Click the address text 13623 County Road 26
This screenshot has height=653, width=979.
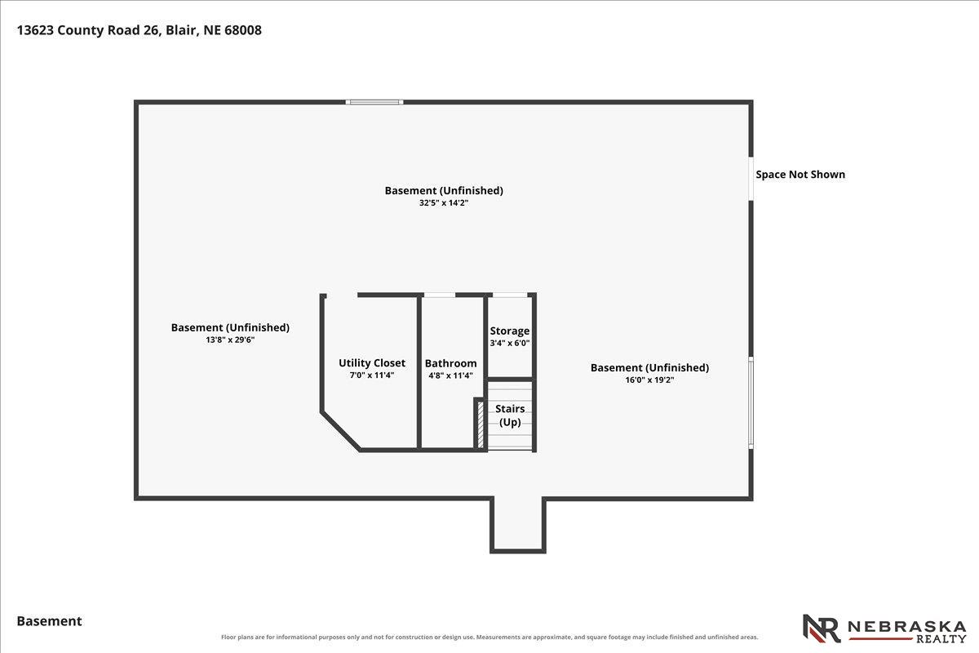pyautogui.click(x=87, y=30)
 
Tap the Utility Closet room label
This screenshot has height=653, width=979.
pyautogui.click(x=372, y=363)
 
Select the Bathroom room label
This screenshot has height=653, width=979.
pyautogui.click(x=450, y=363)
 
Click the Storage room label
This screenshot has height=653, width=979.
pyautogui.click(x=510, y=331)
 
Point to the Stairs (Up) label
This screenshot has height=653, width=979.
pyautogui.click(x=510, y=415)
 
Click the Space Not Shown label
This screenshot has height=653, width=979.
pyautogui.click(x=800, y=175)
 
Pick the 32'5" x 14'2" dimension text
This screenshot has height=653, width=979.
pyautogui.click(x=444, y=203)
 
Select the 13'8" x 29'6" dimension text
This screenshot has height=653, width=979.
pyautogui.click(x=230, y=340)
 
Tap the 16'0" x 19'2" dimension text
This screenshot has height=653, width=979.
pyautogui.click(x=649, y=380)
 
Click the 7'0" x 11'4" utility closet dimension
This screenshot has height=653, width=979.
pyautogui.click(x=372, y=375)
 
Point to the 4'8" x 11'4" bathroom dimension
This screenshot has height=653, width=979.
pyautogui.click(x=450, y=375)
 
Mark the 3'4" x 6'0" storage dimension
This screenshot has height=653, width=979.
pyautogui.click(x=510, y=344)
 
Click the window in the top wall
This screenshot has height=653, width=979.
pyautogui.click(x=374, y=102)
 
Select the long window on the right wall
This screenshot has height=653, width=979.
pyautogui.click(x=751, y=402)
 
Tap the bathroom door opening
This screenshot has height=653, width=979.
pyautogui.click(x=440, y=295)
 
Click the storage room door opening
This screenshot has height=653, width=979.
pyautogui.click(x=510, y=295)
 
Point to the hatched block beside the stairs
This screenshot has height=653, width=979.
pyautogui.click(x=481, y=424)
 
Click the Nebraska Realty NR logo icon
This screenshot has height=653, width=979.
pyautogui.click(x=822, y=629)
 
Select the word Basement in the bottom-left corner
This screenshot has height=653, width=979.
pyautogui.click(x=50, y=621)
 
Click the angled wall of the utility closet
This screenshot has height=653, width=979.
pyautogui.click(x=341, y=431)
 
